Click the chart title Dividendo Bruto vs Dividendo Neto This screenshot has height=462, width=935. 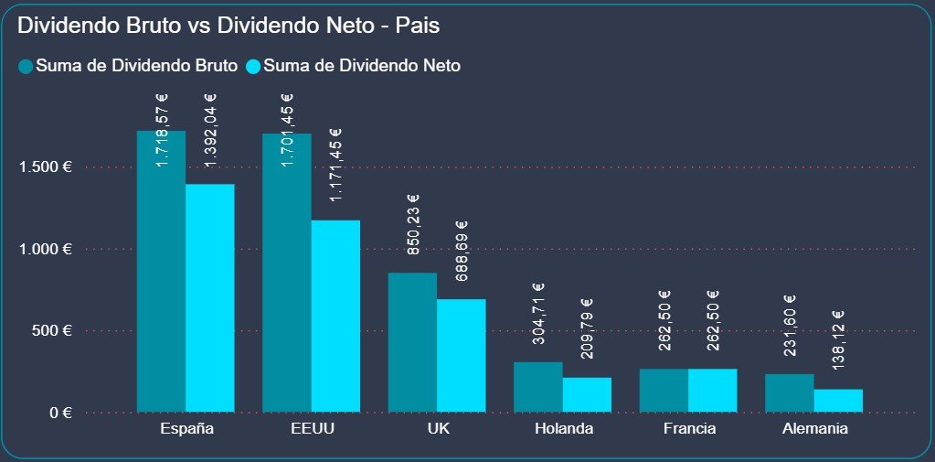coord(228,26)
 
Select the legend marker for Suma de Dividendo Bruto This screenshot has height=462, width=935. coord(26,66)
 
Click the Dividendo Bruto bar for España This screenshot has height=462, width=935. coord(161,274)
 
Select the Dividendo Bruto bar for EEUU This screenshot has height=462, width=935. coord(286,274)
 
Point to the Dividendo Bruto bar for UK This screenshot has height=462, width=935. coord(412,342)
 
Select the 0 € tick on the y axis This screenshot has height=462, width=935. coord(60,413)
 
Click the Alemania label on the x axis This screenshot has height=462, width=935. coord(813,429)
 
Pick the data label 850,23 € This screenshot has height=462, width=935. coord(413,224)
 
